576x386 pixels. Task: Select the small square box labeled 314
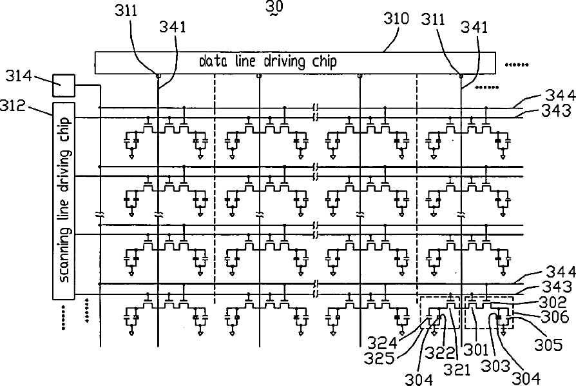point(64,85)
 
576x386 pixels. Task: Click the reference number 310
point(396,18)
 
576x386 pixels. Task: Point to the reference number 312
point(13,106)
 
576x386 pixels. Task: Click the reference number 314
point(19,77)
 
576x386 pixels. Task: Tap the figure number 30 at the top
point(274,6)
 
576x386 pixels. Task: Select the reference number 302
point(553,303)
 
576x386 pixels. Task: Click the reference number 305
point(548,345)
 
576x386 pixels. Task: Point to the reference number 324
point(383,343)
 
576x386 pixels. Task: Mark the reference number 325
point(379,358)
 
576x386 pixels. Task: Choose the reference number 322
point(440,353)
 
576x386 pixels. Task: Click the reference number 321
point(457,369)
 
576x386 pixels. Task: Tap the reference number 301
point(475,350)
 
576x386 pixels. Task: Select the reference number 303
point(495,366)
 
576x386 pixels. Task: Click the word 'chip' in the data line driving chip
point(324,62)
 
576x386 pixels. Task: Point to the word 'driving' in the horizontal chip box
point(284,61)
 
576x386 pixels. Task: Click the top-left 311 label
point(126,11)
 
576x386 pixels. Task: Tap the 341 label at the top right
point(474,27)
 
